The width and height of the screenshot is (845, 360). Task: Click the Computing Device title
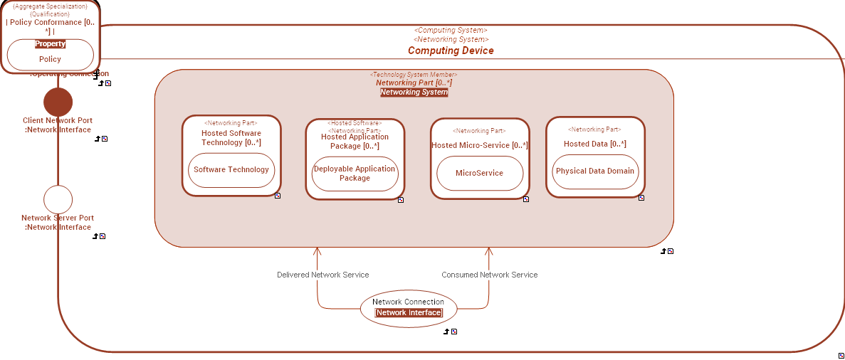coord(451,51)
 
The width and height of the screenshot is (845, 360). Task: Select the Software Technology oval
coord(231,170)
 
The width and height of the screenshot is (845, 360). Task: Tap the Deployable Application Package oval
coord(355,174)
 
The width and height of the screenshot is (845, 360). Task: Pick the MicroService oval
coord(479,173)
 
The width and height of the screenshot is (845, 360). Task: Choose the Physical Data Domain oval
coord(595,171)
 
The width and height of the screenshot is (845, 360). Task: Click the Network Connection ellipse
coord(408,307)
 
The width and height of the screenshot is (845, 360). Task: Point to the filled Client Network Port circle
coord(58,102)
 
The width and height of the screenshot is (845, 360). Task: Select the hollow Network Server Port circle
coord(58,199)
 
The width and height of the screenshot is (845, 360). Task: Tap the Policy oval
coord(50,59)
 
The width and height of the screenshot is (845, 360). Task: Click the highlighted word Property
coord(50,44)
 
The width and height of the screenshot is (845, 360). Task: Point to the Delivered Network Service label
coord(323,275)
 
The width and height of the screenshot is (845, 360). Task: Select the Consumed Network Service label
coord(490,275)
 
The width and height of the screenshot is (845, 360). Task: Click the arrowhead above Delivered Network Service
coord(317,251)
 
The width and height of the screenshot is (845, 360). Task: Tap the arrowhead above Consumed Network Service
coord(489,251)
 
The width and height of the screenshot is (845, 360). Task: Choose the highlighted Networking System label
coord(414,92)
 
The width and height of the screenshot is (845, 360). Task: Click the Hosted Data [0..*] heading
coord(595,144)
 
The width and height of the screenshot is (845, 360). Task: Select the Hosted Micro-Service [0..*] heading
coord(480,145)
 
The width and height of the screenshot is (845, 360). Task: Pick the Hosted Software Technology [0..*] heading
coord(231,138)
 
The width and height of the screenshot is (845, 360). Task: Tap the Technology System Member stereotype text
coord(414,75)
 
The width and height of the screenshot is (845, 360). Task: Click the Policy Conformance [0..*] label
coord(50,26)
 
